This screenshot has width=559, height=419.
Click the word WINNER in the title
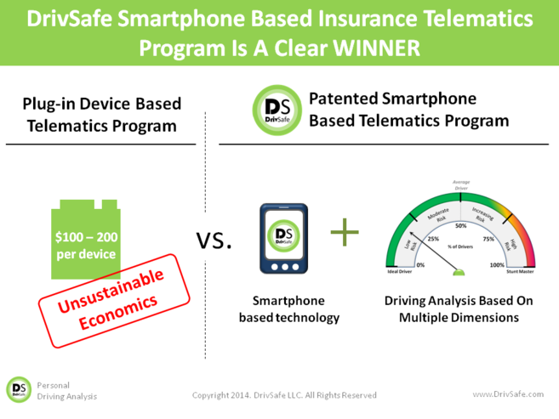(x=374, y=48)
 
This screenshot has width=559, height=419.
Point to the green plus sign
(x=345, y=231)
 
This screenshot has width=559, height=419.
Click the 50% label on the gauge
(x=461, y=225)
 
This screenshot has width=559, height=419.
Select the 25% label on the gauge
(x=432, y=239)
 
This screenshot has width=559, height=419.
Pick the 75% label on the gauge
(x=489, y=239)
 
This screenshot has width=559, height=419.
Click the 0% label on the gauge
(x=419, y=266)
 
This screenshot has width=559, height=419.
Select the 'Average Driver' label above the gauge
(x=461, y=184)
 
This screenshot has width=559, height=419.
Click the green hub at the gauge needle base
(x=461, y=273)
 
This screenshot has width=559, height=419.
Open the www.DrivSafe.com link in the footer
(x=508, y=394)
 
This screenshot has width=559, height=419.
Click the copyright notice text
(x=284, y=395)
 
